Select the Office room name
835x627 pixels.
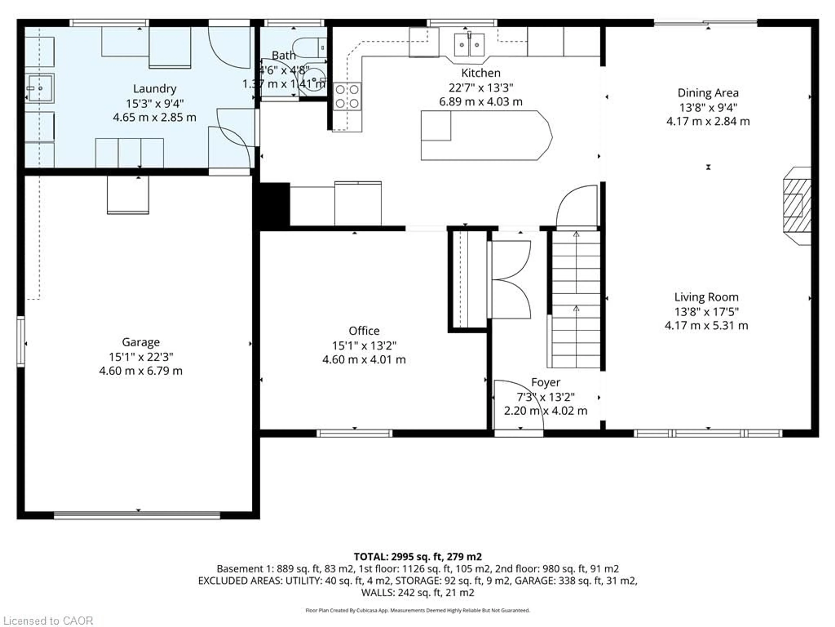(x=364, y=331)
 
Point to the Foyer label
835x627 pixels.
(x=545, y=382)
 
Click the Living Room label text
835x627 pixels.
(x=706, y=297)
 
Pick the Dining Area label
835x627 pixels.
(x=708, y=93)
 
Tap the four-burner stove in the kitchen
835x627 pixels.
(x=347, y=97)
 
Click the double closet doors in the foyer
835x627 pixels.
(x=510, y=280)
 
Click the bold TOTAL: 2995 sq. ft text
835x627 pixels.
(x=417, y=557)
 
